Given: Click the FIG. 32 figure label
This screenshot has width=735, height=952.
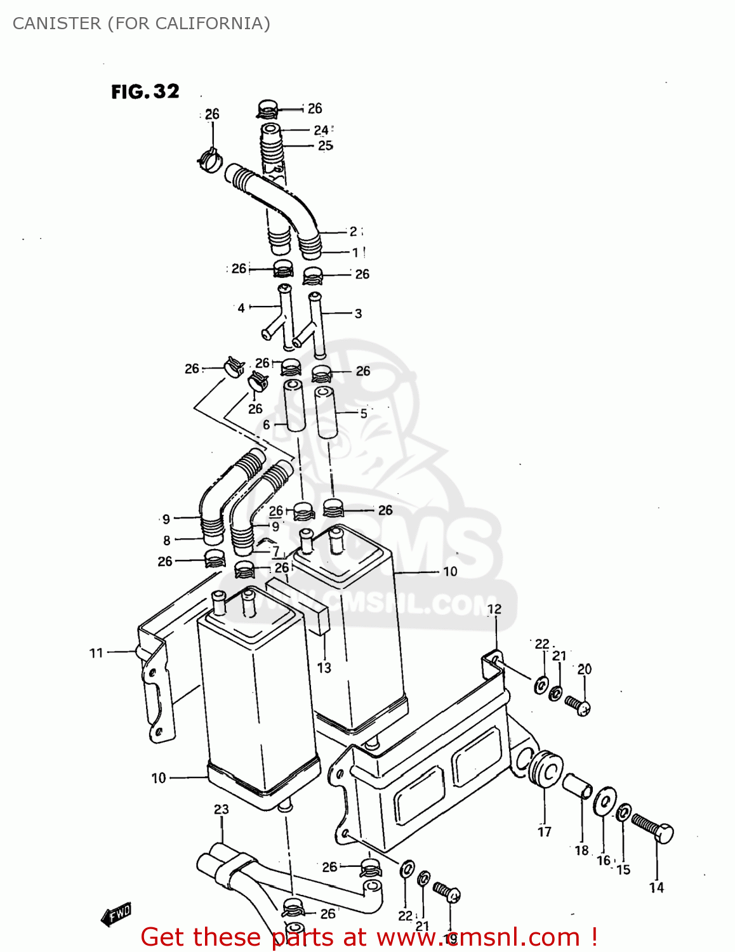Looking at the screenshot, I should [x=145, y=92].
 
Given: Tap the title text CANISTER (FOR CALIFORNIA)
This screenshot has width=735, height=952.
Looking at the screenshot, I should [x=141, y=23].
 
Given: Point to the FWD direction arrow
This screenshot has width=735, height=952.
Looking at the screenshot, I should [x=116, y=915].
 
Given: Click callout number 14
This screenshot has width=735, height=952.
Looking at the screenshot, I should [x=656, y=888].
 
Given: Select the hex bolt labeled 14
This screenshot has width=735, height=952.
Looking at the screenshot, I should [x=653, y=828].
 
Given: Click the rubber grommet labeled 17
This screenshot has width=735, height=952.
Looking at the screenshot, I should [x=545, y=769].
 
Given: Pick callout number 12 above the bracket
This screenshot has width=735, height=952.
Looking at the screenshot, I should [x=494, y=609].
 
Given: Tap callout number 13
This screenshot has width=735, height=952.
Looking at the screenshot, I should [x=324, y=668].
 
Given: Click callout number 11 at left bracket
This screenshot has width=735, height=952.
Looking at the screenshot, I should [x=96, y=652].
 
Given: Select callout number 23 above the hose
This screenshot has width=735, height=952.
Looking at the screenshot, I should [x=221, y=809].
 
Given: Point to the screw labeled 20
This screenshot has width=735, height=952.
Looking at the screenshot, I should [x=578, y=705].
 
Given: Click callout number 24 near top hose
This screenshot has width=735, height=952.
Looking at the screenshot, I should [x=321, y=130].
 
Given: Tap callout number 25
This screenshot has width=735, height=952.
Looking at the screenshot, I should [x=325, y=145].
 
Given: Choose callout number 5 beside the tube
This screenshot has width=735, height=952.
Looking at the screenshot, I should [x=363, y=413].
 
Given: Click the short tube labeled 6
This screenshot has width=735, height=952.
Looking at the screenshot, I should [x=293, y=406].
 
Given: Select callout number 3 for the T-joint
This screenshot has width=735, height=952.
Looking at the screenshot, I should [x=358, y=314].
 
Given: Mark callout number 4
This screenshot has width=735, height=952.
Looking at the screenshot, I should [x=241, y=308].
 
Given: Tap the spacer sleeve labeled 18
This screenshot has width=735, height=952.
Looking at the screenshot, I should [x=578, y=787].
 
